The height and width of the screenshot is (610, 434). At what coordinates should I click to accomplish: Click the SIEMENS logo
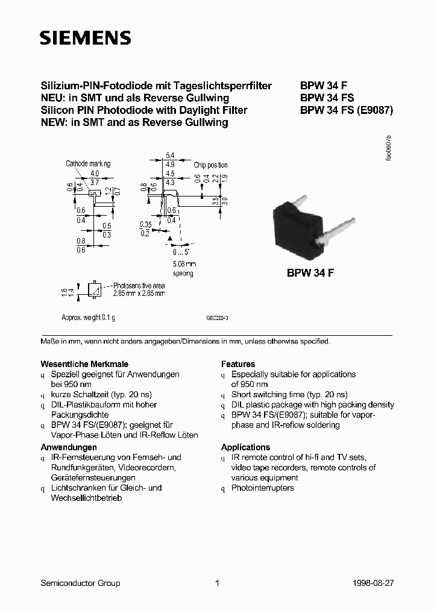(x=85, y=39)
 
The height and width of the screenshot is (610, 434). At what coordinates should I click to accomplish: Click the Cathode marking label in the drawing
(x=88, y=164)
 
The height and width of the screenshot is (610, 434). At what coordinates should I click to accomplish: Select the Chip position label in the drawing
(x=210, y=165)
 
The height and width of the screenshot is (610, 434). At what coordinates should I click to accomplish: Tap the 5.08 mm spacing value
(x=184, y=264)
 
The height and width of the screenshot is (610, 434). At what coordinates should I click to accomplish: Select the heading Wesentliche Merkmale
(x=84, y=364)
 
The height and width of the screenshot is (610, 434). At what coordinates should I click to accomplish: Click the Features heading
(x=238, y=364)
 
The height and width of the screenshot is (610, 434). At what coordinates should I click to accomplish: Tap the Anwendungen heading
(x=69, y=447)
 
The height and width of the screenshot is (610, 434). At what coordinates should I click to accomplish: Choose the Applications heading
(x=245, y=447)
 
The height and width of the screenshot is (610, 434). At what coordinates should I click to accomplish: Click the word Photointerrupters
(x=263, y=488)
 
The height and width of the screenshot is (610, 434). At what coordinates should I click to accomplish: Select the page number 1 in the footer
(x=217, y=583)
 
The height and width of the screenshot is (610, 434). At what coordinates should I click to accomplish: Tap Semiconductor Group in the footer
(x=80, y=583)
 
